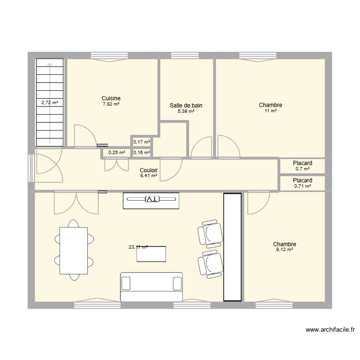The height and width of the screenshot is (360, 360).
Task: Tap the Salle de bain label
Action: [186, 105]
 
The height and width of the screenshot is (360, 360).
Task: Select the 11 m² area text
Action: [270, 111]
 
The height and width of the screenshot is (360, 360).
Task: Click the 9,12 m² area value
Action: [284, 250]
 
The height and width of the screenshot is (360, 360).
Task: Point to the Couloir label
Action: [149, 170]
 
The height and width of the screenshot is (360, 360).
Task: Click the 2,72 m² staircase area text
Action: [49, 102]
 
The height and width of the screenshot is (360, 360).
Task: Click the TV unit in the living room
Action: [151, 200]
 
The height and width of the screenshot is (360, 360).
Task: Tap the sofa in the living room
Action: [151, 287]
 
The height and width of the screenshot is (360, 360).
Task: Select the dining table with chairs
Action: [73, 250]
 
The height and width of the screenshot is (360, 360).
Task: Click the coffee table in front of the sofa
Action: [151, 253]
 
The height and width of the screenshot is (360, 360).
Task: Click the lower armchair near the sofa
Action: [210, 263]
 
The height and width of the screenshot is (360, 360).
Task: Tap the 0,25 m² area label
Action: [117, 153]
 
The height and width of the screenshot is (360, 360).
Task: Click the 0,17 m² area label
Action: [142, 142]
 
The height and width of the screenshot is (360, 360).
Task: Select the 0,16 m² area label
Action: [142, 153]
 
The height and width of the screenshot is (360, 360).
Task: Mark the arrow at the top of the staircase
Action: [49, 64]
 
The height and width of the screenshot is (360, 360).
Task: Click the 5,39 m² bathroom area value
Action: [186, 111]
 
